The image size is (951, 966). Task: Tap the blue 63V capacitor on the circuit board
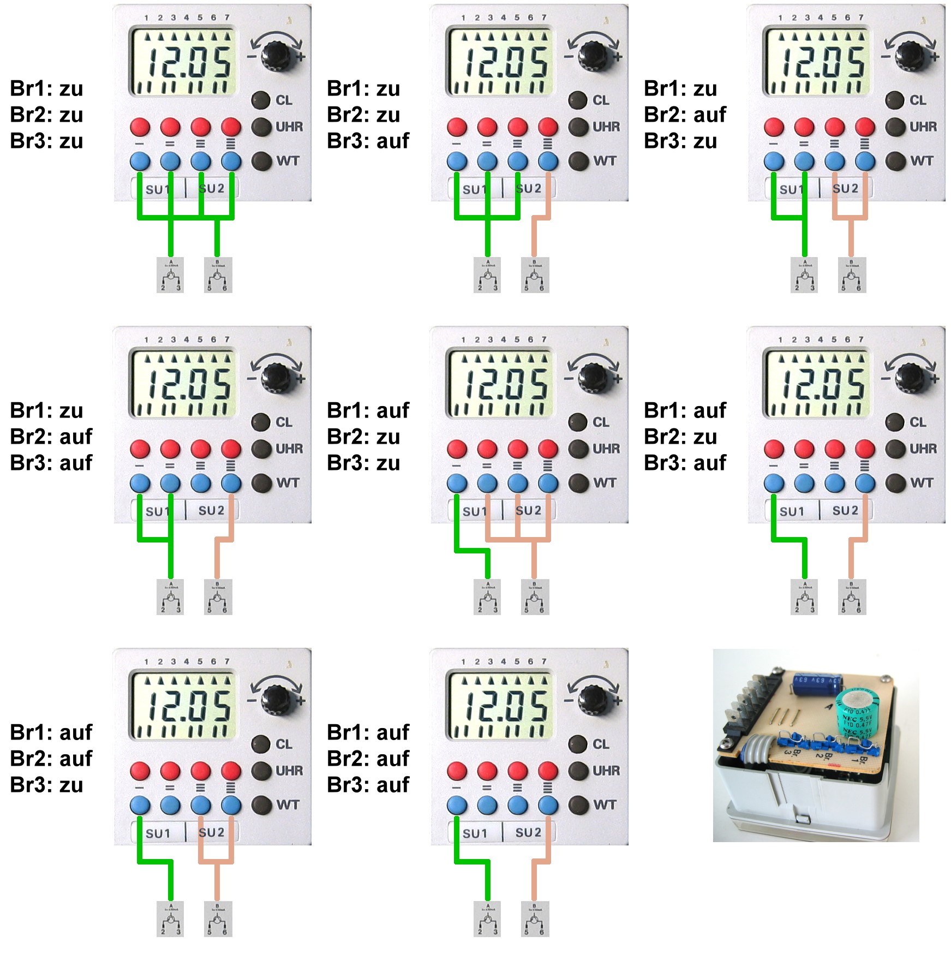coord(817,685)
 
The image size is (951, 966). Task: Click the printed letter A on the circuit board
coord(830,707)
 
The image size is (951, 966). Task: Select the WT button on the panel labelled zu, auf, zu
coord(895,161)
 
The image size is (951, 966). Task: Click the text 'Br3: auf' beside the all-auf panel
coord(368,784)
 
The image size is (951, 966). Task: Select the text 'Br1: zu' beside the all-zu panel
coord(46,88)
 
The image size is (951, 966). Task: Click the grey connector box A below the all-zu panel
coord(170,275)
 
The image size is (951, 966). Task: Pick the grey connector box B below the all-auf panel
coord(535,919)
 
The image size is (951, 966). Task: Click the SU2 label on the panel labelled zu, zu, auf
coord(528,188)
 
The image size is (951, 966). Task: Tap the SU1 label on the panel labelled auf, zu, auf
coord(791,511)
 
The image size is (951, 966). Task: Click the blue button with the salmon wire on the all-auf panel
coord(548,806)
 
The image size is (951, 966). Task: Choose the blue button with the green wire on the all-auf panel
coord(457,806)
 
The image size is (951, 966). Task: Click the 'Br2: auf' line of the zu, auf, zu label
coord(685,115)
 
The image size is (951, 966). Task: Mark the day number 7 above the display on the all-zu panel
coord(227,17)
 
